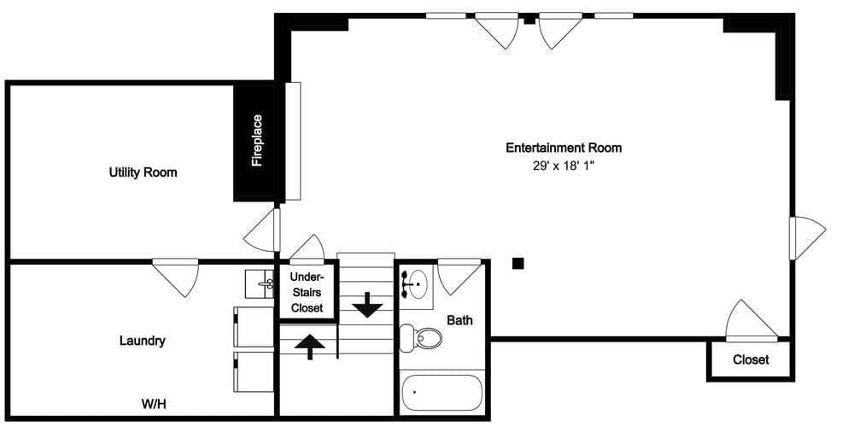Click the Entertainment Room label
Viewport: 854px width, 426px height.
tap(564, 148)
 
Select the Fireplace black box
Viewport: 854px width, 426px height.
tap(256, 143)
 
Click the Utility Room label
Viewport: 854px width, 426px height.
tap(143, 172)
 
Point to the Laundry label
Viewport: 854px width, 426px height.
tap(142, 341)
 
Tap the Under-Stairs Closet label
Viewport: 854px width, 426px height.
tap(307, 292)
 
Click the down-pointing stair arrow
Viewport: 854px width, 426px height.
tap(368, 304)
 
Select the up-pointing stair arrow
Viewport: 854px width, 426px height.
tap(310, 346)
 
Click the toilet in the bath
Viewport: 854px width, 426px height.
tap(423, 338)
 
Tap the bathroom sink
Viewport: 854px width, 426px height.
tap(417, 283)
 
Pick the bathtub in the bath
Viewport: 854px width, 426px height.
tap(442, 392)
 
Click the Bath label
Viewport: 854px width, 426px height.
tap(459, 321)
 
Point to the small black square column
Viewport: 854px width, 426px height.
tap(518, 263)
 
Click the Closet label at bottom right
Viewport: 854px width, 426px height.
tap(751, 359)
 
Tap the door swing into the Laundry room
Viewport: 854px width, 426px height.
tap(177, 277)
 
